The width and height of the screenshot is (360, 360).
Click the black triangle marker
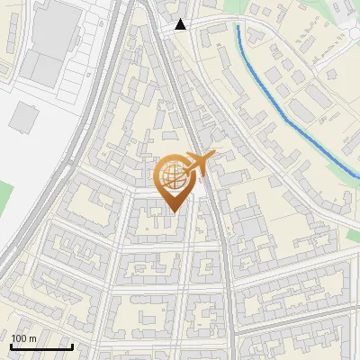coord(181,24)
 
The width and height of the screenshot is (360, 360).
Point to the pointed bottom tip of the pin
coord(172,211)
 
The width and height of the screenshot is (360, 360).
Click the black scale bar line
coord(41,347)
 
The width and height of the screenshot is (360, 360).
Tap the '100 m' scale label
coord(23,338)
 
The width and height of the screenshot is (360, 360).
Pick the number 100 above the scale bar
coord(19,338)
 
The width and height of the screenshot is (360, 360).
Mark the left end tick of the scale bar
coord(11,346)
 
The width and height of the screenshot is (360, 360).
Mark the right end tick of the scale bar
coord(72,346)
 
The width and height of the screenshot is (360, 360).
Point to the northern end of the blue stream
coord(238,26)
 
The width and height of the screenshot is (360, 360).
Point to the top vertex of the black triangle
coord(181,19)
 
